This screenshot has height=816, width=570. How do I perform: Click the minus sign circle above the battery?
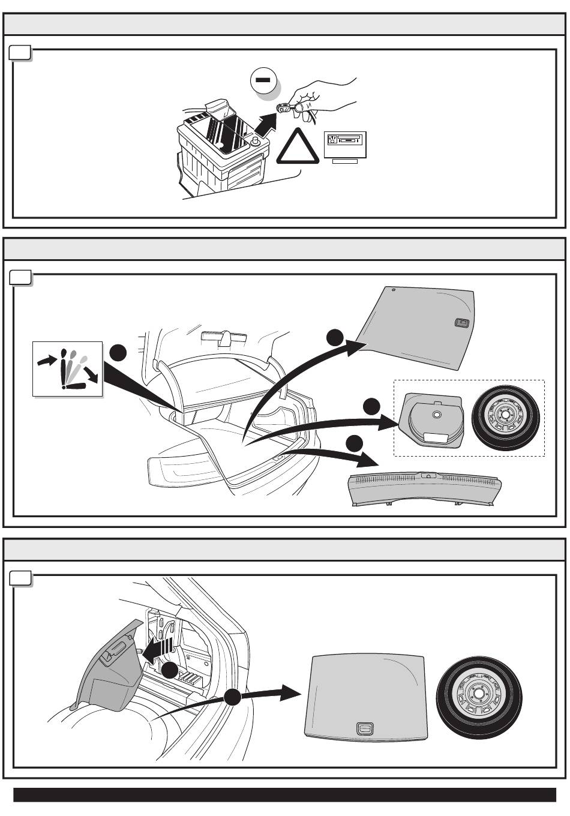264,80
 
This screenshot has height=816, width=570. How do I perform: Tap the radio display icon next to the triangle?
344,145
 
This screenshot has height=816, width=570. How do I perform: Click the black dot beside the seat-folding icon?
118,353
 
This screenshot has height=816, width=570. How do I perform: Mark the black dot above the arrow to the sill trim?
355,443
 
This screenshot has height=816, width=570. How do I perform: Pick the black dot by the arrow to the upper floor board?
335,337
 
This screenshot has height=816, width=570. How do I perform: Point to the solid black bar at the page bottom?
284,795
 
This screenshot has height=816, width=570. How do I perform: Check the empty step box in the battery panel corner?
21,54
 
